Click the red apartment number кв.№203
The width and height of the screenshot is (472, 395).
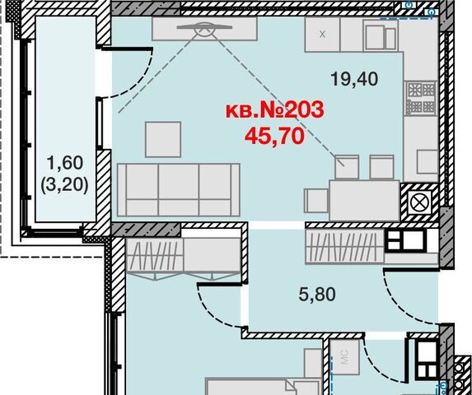275,109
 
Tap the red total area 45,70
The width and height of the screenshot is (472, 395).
274,136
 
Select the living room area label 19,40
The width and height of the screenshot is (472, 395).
354,79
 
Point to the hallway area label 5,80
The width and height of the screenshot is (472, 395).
317,295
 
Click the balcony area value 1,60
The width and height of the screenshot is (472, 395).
64,163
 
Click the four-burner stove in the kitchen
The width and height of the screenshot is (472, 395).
421,98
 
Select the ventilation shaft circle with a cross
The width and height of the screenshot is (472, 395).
419,203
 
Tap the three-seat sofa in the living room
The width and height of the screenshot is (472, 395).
179,190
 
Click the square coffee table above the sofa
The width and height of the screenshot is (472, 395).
163,139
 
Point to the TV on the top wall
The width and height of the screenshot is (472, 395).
204,27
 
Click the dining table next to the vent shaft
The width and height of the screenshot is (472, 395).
365,200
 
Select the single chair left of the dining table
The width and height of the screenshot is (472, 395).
316,201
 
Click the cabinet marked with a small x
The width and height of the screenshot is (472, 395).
322,35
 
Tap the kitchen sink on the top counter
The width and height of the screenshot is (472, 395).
381,35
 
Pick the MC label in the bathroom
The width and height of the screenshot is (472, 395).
344,356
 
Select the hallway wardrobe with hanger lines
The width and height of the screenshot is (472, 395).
344,247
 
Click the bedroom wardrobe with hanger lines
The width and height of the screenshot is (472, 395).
155,254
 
